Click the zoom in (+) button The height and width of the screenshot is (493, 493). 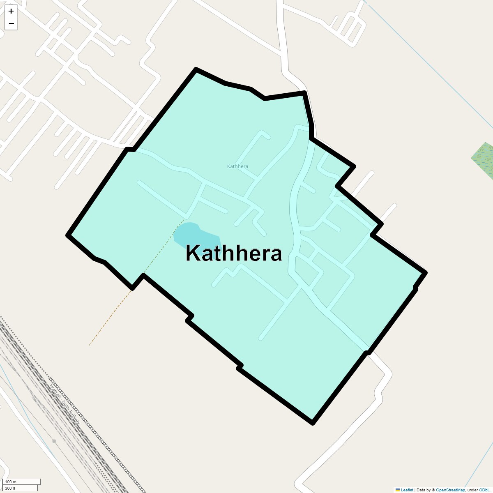pyautogui.click(x=11, y=11)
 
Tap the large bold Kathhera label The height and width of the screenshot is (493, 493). pyautogui.click(x=233, y=253)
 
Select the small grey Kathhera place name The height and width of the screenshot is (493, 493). pyautogui.click(x=237, y=166)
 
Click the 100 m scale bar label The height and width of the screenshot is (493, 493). pyautogui.click(x=11, y=481)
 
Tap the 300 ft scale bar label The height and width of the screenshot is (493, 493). pyautogui.click(x=10, y=488)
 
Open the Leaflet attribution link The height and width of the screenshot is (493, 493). pyautogui.click(x=407, y=490)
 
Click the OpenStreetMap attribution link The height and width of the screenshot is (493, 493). pyautogui.click(x=450, y=490)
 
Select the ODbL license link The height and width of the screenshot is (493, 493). pyautogui.click(x=484, y=490)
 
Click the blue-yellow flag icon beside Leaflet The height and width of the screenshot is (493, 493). pyautogui.click(x=398, y=490)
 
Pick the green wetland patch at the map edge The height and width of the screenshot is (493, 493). pyautogui.click(x=484, y=160)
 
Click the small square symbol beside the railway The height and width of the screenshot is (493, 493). pyautogui.click(x=54, y=441)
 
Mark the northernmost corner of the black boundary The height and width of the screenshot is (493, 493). pyautogui.click(x=196, y=69)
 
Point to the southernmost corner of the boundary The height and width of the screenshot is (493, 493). pyautogui.click(x=313, y=423)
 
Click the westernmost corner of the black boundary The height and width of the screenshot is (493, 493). pyautogui.click(x=68, y=235)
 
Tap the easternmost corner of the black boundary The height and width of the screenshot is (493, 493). pyautogui.click(x=426, y=272)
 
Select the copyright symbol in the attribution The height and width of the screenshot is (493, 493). pyautogui.click(x=433, y=490)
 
